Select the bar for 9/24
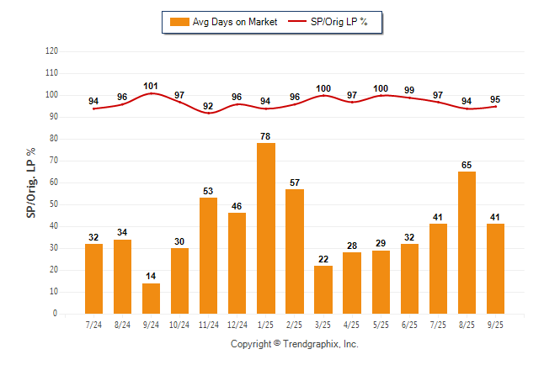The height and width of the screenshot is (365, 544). click(x=152, y=299)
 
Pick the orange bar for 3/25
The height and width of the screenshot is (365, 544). click(x=323, y=289)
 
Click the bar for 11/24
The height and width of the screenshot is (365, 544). click(x=209, y=256)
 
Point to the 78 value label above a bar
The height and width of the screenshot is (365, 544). click(x=266, y=136)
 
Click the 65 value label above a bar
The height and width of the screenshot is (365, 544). click(x=467, y=165)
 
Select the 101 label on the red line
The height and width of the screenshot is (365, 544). click(x=152, y=86)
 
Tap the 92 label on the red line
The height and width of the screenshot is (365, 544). click(x=209, y=106)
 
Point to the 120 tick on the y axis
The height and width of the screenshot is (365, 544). click(x=51, y=51)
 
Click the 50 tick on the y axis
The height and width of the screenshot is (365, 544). click(x=54, y=204)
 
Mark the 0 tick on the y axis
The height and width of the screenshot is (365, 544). click(x=56, y=314)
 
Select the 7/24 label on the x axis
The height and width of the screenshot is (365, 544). click(x=94, y=324)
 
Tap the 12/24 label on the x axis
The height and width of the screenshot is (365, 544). click(x=237, y=324)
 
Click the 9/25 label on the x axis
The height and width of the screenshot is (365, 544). click(x=495, y=324)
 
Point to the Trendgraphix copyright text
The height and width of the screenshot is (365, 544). click(x=295, y=344)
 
